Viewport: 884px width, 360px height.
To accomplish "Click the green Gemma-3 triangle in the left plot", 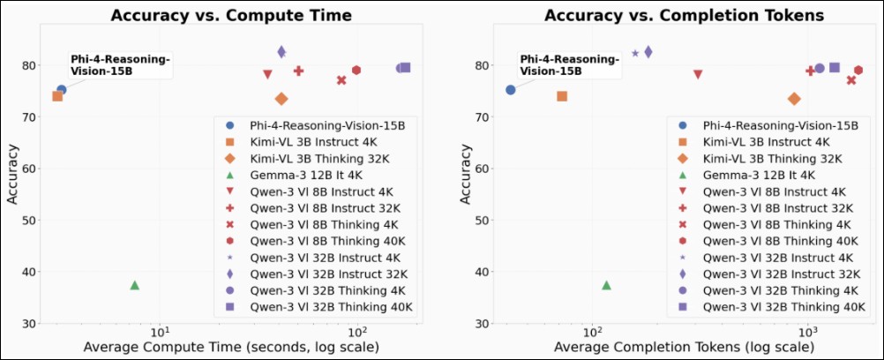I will coord(135,285).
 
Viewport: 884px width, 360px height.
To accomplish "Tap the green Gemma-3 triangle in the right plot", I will coord(606,285).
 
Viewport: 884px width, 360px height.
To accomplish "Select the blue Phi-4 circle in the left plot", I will coord(62,90).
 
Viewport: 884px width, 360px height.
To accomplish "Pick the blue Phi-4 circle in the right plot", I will coord(511,90).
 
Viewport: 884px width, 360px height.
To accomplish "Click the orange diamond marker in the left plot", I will coord(281,99).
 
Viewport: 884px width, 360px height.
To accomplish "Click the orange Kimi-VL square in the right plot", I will coord(562,96).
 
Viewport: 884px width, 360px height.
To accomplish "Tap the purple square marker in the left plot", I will coord(406,68).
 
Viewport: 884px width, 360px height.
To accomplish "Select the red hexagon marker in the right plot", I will coord(858,71).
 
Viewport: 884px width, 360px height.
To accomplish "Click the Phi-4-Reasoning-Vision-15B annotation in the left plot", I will coord(120,64).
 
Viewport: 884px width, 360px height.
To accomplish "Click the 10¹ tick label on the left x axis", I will coord(160,332).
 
